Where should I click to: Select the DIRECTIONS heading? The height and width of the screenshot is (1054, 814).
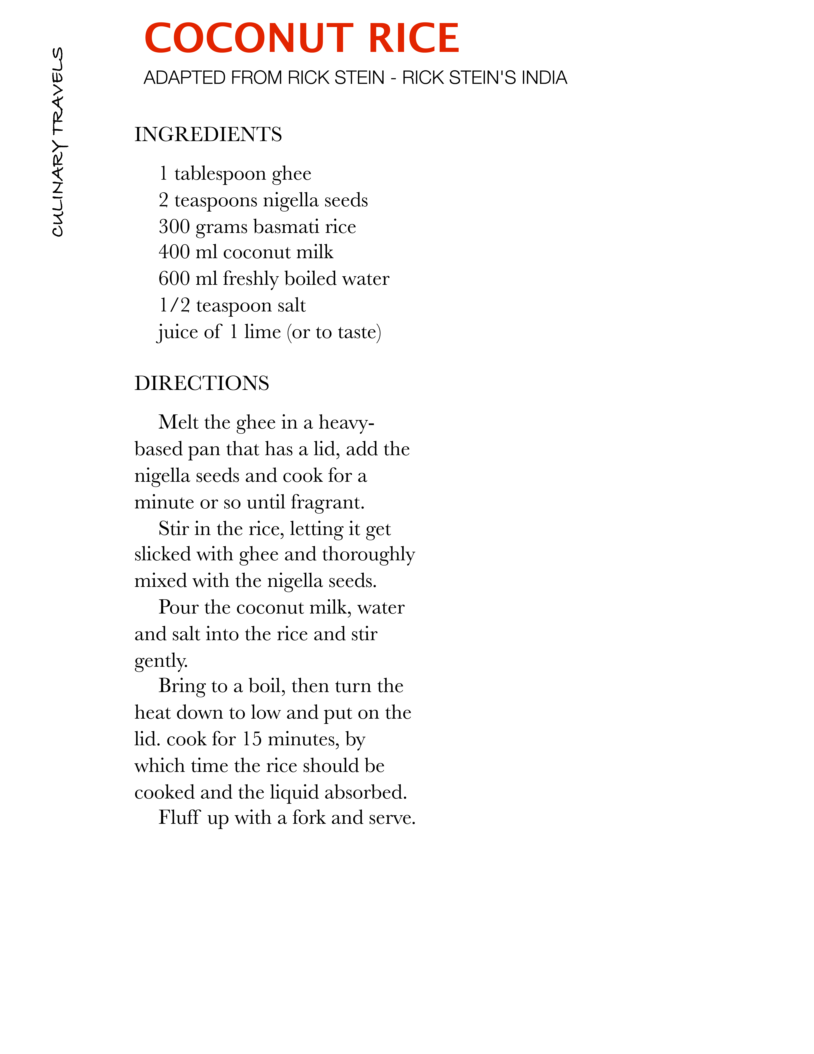[x=202, y=383]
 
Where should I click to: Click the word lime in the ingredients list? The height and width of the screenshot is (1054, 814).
[x=262, y=332]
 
